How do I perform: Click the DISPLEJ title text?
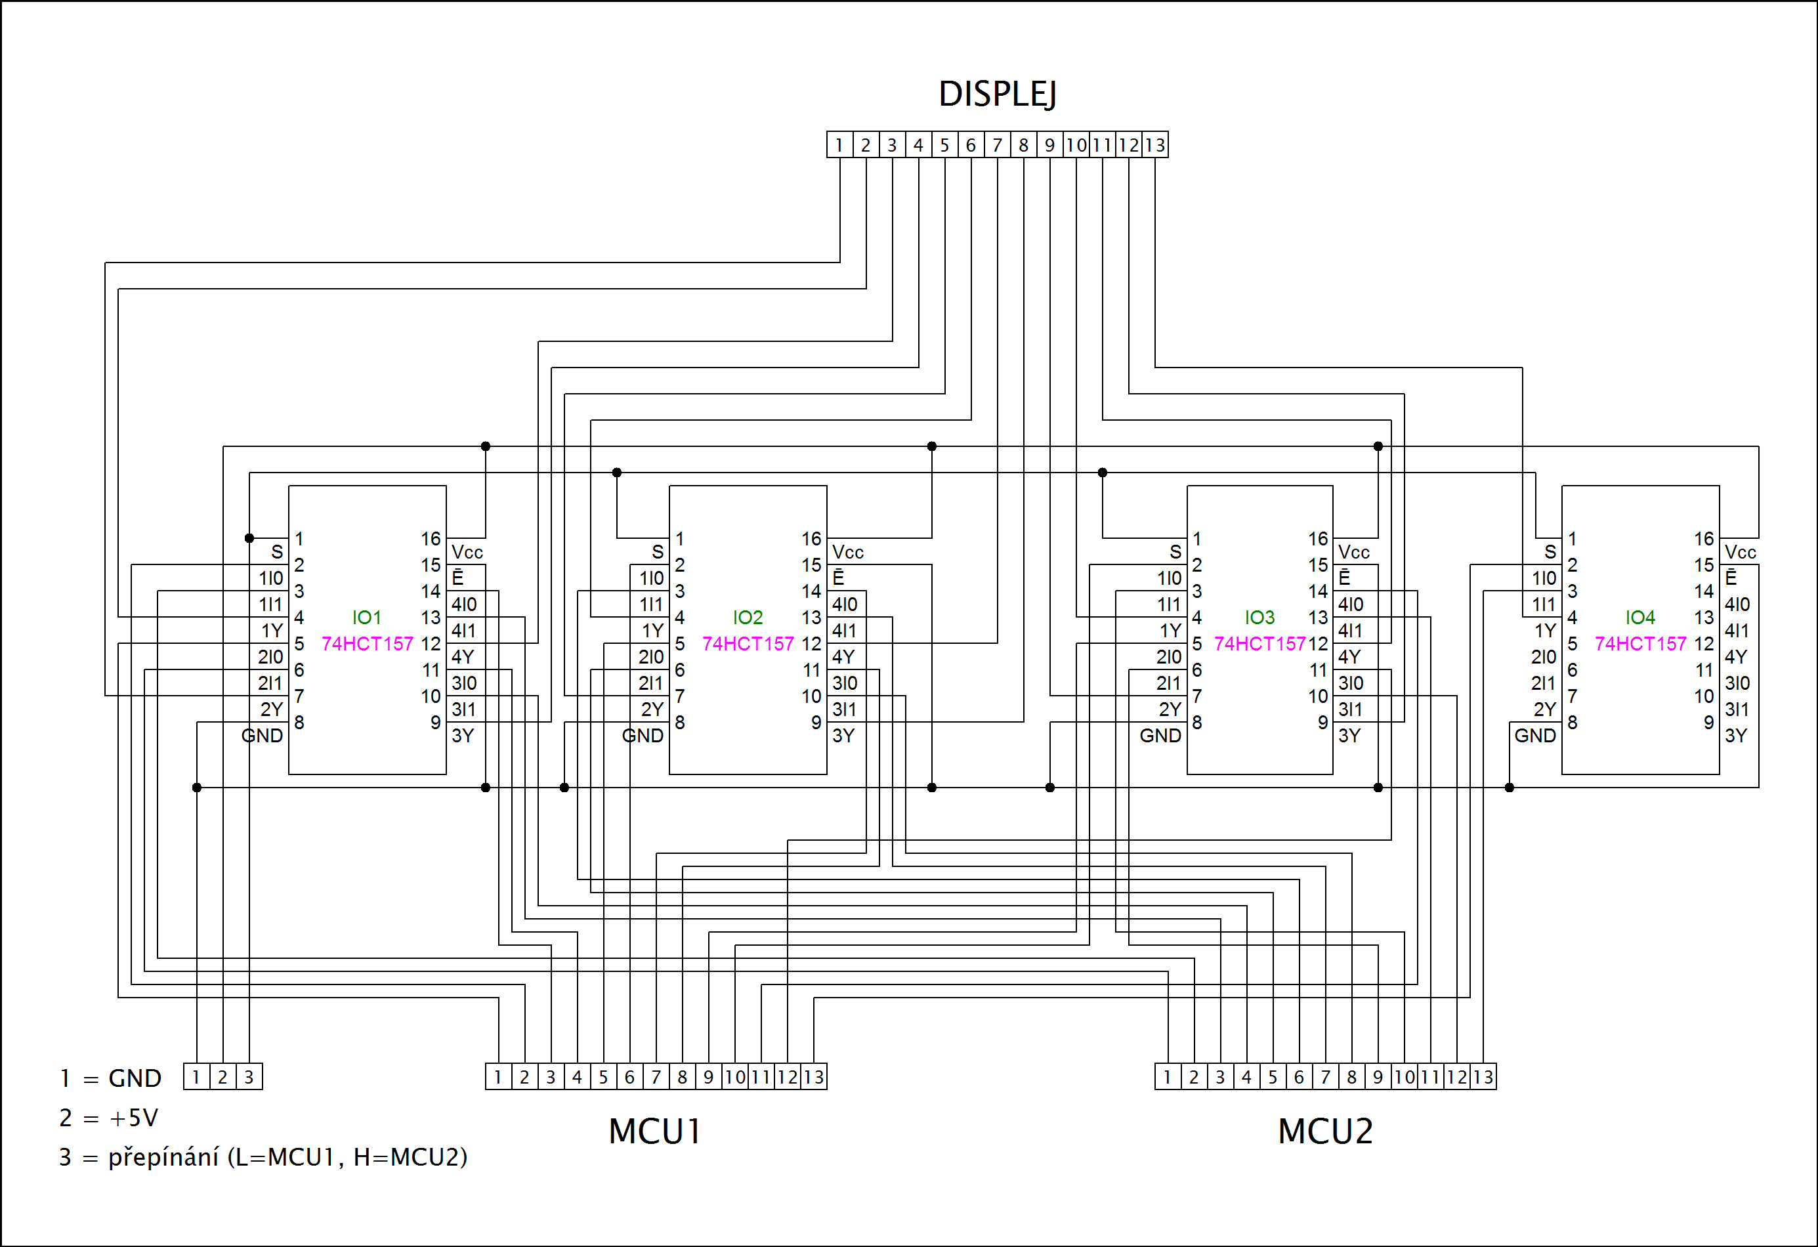point(998,95)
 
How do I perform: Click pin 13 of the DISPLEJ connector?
point(1154,146)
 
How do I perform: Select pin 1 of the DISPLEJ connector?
point(839,146)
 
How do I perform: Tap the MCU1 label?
point(655,1131)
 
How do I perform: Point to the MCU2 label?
point(1325,1131)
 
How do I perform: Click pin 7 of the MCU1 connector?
point(656,1077)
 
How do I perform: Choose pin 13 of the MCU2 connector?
point(1483,1077)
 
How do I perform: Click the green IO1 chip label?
point(367,617)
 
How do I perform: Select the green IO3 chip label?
point(1259,617)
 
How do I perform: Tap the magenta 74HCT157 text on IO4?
point(1640,644)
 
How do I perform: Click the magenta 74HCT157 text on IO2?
point(748,644)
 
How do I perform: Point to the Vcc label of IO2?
point(847,553)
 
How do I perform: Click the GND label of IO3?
point(1160,735)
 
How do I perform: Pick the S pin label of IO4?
point(1550,553)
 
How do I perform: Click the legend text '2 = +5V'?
point(109,1118)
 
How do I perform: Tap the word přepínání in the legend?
point(163,1157)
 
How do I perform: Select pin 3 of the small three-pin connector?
point(249,1077)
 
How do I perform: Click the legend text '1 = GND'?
point(110,1079)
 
